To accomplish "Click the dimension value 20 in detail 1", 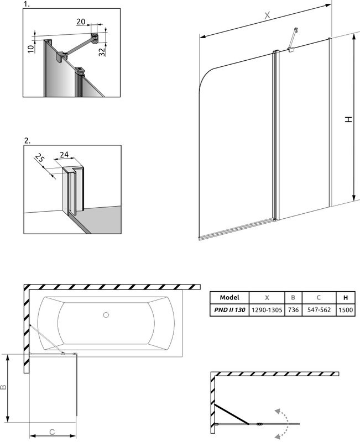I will click(x=81, y=21).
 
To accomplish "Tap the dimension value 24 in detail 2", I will click(x=64, y=155).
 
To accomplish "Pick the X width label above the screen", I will click(x=267, y=17).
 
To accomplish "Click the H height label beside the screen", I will click(x=348, y=119).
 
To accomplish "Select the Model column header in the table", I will click(x=229, y=297).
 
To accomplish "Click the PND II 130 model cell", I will click(x=229, y=310).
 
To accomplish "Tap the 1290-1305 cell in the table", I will click(x=267, y=310).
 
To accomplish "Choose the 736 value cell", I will click(x=293, y=310).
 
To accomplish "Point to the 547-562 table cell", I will click(x=319, y=310).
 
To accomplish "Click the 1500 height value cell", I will click(x=346, y=310).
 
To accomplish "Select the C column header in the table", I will click(x=319, y=297).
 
